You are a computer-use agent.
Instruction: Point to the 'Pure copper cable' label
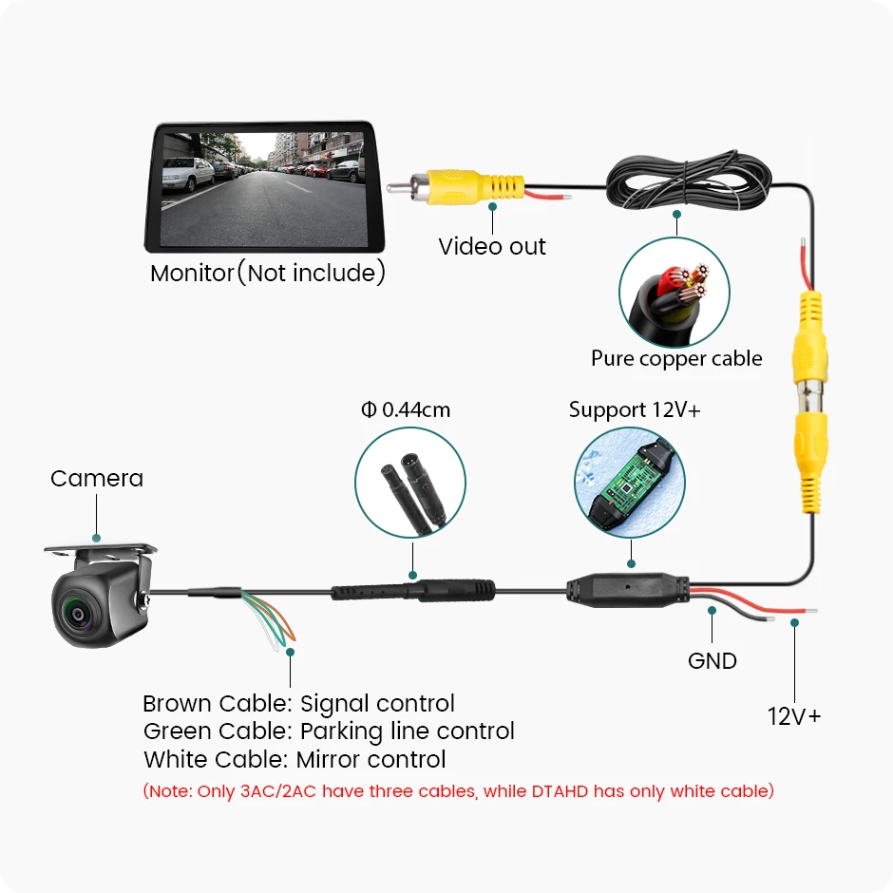[676, 358]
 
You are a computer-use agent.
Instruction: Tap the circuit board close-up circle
[630, 482]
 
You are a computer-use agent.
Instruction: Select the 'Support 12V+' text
[635, 410]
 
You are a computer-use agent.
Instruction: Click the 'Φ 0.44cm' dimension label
[406, 410]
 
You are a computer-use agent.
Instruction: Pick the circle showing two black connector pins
[410, 482]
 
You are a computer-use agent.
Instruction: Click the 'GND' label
[712, 660]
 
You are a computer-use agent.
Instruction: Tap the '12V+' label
[794, 715]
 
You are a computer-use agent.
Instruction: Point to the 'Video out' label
[492, 247]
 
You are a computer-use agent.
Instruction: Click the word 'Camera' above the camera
[97, 478]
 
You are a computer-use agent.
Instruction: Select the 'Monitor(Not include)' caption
[268, 274]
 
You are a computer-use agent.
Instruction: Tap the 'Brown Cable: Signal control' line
[298, 704]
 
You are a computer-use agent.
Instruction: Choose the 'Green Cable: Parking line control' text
[329, 731]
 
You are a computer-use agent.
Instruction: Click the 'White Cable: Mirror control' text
[294, 760]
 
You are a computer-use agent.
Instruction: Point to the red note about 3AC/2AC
[458, 790]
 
